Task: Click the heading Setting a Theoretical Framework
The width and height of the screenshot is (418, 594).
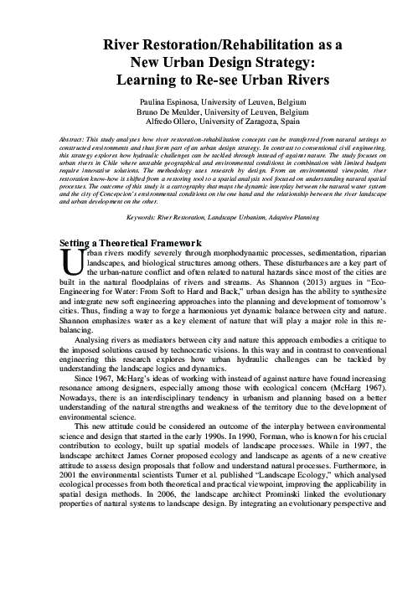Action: coord(134,242)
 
